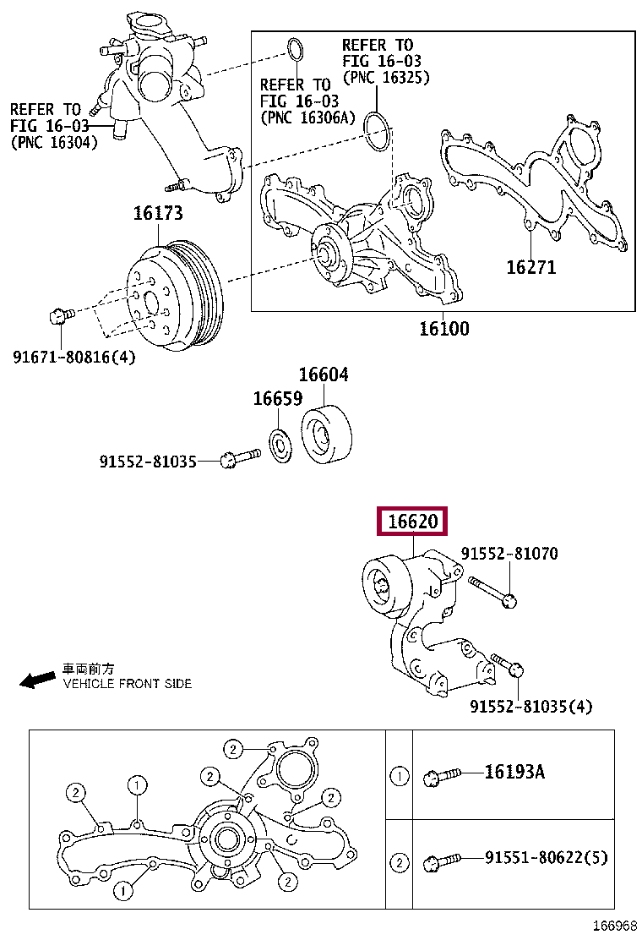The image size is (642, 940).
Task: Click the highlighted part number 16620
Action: (x=412, y=522)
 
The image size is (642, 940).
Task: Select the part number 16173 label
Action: (x=157, y=214)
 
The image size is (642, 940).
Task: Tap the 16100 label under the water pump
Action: (x=443, y=328)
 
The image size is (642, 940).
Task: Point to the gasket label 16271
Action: (x=530, y=267)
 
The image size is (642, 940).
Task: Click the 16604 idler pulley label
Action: (x=323, y=374)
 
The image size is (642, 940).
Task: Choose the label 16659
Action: (x=277, y=398)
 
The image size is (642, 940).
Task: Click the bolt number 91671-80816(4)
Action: (x=73, y=357)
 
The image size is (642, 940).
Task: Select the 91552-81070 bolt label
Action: (x=509, y=554)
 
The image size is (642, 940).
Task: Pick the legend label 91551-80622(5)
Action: (x=546, y=858)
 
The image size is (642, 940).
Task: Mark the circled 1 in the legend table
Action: (x=399, y=774)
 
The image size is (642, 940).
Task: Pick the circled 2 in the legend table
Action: (x=399, y=862)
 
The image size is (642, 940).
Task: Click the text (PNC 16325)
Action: (x=386, y=77)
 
